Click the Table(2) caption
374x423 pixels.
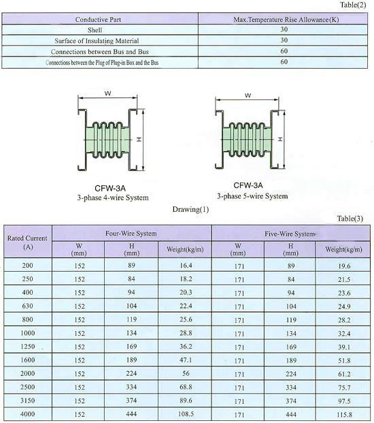(353, 5)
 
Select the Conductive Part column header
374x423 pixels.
(98, 20)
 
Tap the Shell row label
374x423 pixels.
(95, 30)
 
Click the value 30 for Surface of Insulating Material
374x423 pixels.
(284, 40)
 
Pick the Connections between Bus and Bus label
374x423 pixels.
(100, 52)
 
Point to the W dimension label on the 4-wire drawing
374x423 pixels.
(107, 93)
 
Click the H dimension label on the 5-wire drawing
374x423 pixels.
(281, 139)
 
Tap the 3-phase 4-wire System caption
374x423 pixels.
(113, 198)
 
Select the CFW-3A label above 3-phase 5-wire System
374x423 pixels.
(248, 185)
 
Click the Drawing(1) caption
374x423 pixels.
(190, 209)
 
